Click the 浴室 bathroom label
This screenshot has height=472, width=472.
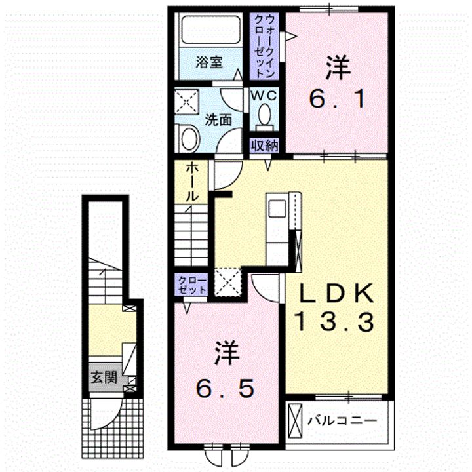(x=209, y=63)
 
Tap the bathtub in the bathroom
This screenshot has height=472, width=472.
(x=211, y=29)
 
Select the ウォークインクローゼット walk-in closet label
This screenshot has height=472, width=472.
(x=264, y=47)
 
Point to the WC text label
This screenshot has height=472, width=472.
(x=264, y=96)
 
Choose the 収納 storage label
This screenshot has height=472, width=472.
(x=265, y=146)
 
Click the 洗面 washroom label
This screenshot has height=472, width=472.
(x=218, y=120)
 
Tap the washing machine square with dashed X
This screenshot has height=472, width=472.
(x=187, y=102)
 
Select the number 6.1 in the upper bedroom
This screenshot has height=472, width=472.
(x=337, y=100)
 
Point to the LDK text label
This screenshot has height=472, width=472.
(x=336, y=292)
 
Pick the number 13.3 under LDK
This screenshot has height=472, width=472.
(x=336, y=321)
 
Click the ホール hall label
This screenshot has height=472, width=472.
(x=191, y=182)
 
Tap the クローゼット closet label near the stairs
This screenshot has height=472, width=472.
(x=192, y=285)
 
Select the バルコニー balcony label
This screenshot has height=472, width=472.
(x=342, y=420)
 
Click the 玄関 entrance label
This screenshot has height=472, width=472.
(x=104, y=377)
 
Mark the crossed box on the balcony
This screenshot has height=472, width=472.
(x=295, y=421)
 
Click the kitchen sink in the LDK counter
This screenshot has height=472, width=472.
(x=277, y=208)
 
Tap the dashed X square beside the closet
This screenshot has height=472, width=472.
(x=228, y=282)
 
